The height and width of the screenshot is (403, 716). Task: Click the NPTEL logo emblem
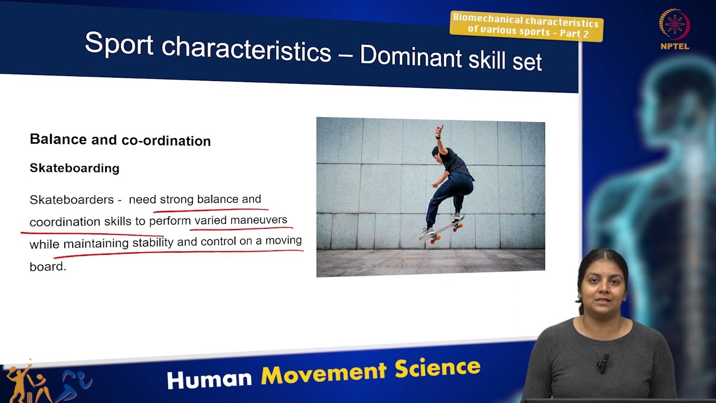[x=674, y=25]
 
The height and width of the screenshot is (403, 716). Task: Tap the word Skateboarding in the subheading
[x=74, y=168]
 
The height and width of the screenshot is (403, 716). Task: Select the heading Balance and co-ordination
[x=120, y=140]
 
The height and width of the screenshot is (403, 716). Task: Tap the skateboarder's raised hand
[x=439, y=132]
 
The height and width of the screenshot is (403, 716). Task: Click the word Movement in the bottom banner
[x=323, y=373]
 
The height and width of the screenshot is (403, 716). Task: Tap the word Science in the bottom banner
[x=437, y=368]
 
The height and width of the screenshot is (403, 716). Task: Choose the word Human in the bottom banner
[x=209, y=379]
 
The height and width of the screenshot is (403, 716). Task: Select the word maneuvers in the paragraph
[x=258, y=220]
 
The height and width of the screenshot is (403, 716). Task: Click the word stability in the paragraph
[x=153, y=243]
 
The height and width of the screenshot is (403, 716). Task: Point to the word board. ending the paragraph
[x=48, y=266]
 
